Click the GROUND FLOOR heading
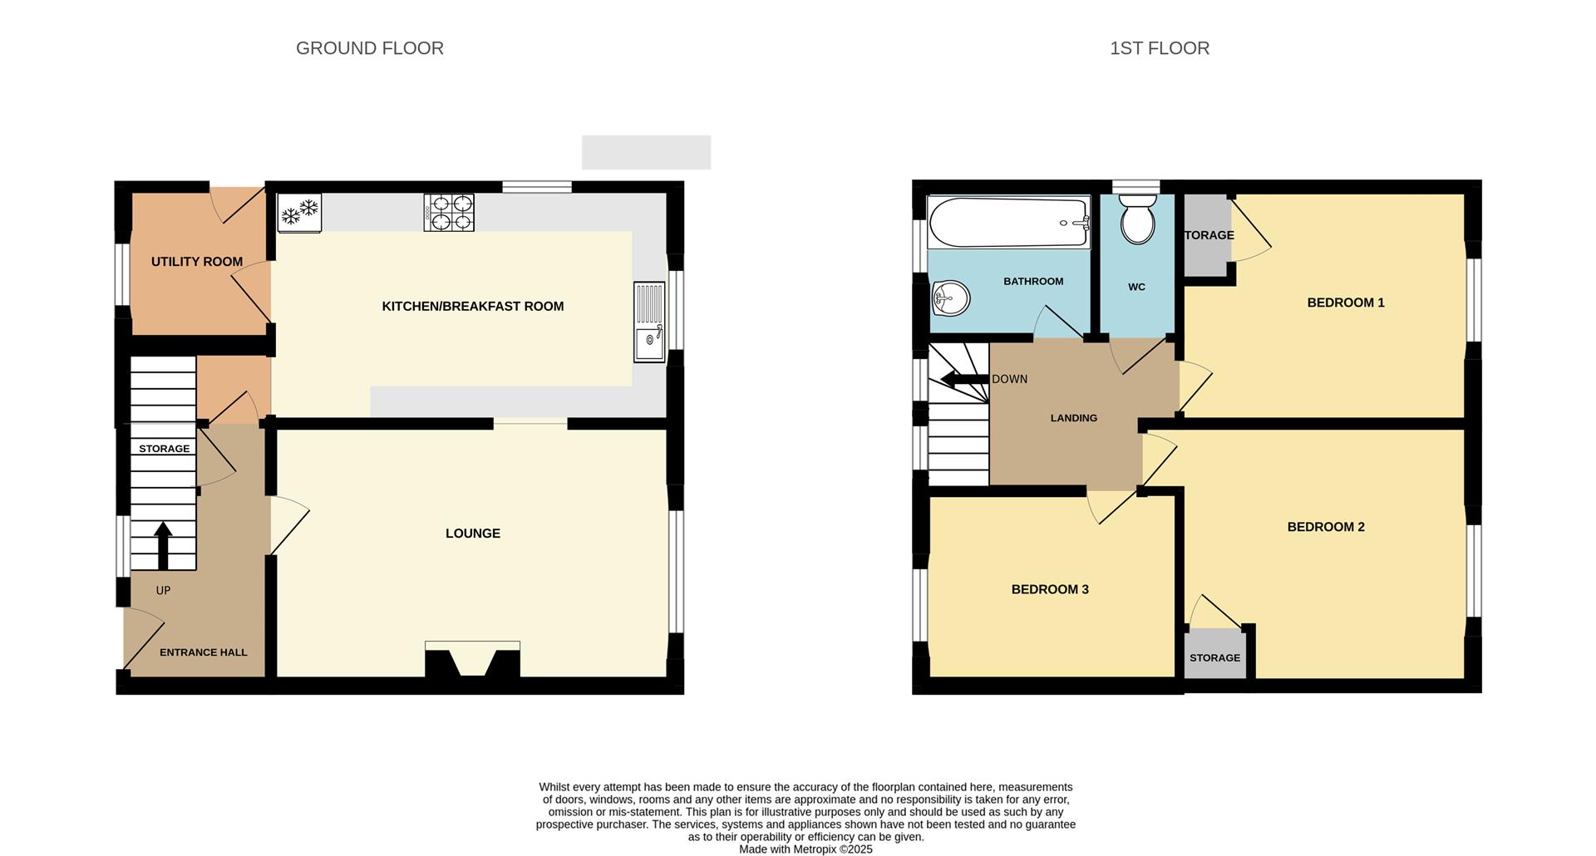[x=370, y=48]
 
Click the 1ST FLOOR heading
[x=1160, y=48]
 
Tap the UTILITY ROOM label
[x=197, y=262]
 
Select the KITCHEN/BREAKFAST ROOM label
[x=473, y=307]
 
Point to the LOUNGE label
[x=473, y=534]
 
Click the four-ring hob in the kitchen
[x=449, y=212]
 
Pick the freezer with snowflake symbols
[x=299, y=213]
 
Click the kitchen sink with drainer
[x=649, y=322]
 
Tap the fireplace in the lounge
[x=472, y=659]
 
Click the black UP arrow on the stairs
[x=163, y=545]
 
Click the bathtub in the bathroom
[x=1008, y=222]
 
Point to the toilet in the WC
[x=1137, y=219]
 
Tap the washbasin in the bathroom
[x=951, y=298]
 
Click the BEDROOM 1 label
[x=1346, y=303]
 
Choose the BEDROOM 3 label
[x=1050, y=589]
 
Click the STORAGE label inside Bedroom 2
[x=1214, y=658]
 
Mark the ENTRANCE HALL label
[x=204, y=652]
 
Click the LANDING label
[x=1074, y=418]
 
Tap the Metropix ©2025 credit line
[x=806, y=849]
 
